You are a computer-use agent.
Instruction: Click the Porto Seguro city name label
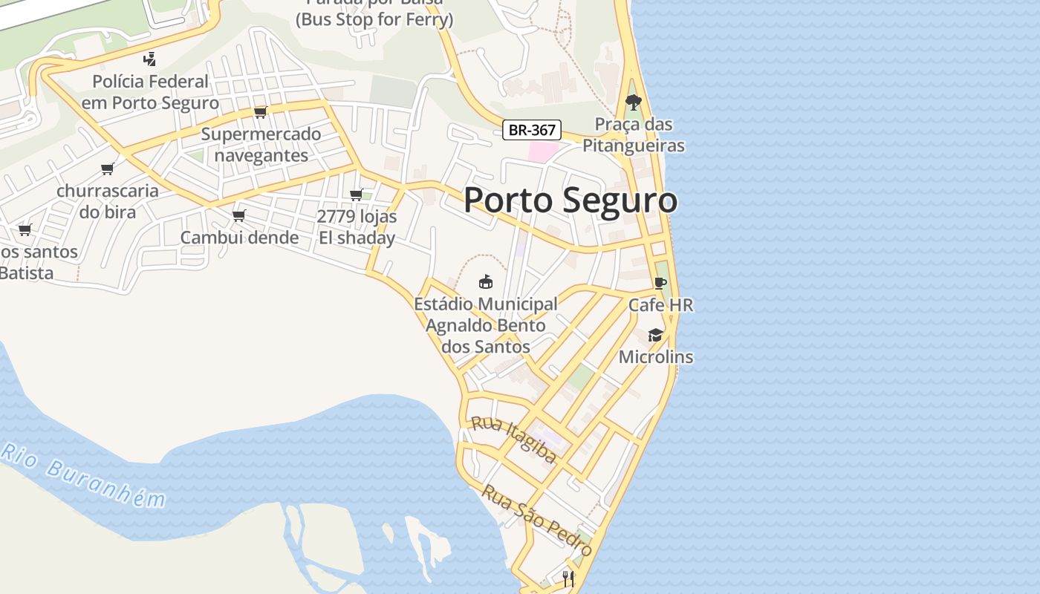pyautogui.click(x=571, y=200)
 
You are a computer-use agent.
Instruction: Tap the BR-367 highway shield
pyautogui.click(x=532, y=130)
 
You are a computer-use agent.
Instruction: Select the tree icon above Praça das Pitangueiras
pyautogui.click(x=633, y=102)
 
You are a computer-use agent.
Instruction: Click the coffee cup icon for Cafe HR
pyautogui.click(x=660, y=283)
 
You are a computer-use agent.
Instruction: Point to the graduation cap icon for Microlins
pyautogui.click(x=655, y=335)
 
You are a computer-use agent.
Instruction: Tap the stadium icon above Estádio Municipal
pyautogui.click(x=485, y=281)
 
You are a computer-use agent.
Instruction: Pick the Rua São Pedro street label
pyautogui.click(x=536, y=520)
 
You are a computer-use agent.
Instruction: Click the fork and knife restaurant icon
pyautogui.click(x=568, y=578)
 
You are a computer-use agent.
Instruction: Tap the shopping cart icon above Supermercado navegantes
pyautogui.click(x=260, y=112)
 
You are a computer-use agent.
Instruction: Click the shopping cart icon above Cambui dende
pyautogui.click(x=238, y=215)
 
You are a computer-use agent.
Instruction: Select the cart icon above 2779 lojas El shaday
pyautogui.click(x=356, y=195)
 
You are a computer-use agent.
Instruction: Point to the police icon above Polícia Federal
pyautogui.click(x=150, y=59)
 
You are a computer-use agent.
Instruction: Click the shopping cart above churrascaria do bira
pyautogui.click(x=108, y=169)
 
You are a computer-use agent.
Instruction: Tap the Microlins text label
pyautogui.click(x=656, y=357)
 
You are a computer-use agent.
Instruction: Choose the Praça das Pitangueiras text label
pyautogui.click(x=633, y=134)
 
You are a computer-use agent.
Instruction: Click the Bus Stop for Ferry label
pyautogui.click(x=374, y=19)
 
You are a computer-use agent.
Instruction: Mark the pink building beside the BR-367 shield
pyautogui.click(x=543, y=151)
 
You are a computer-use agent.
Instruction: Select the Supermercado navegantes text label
pyautogui.click(x=261, y=145)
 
